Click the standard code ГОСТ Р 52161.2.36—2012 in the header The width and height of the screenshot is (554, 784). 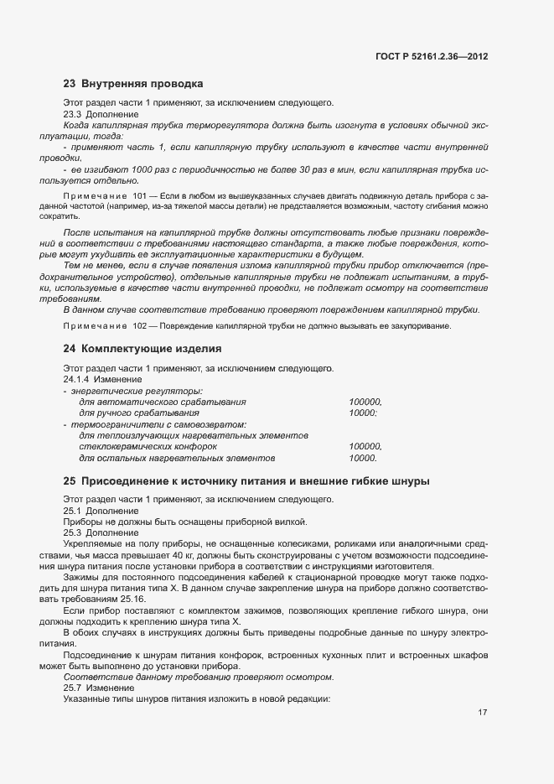[x=432, y=56]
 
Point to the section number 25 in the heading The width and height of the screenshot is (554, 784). [x=70, y=481]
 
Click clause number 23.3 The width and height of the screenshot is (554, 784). [x=73, y=114]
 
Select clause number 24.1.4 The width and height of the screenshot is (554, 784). [x=77, y=379]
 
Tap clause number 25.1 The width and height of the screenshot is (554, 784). [x=73, y=511]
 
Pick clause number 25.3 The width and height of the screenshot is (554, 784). [x=73, y=532]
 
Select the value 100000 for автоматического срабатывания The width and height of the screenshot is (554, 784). [x=365, y=402]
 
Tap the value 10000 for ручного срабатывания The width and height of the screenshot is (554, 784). [x=362, y=413]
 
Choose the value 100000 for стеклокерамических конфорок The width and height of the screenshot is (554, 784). [x=365, y=447]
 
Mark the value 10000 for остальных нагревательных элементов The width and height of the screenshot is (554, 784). [x=362, y=459]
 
